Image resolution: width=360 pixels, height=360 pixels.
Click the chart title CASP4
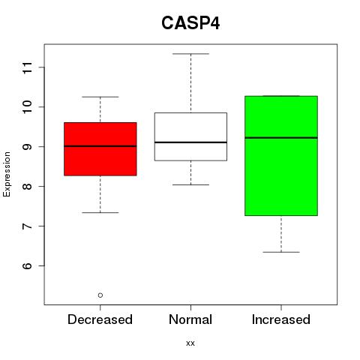tap(190, 23)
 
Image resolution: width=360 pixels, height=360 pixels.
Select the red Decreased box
tap(100, 149)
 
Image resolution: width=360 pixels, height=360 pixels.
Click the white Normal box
tap(190, 136)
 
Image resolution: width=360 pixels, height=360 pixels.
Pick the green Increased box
tap(281, 156)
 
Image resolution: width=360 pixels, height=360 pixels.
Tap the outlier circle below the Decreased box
tap(100, 295)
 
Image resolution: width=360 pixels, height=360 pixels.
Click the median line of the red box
tap(100, 146)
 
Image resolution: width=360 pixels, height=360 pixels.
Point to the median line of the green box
tap(281, 137)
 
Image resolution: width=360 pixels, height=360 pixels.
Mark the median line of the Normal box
tap(190, 142)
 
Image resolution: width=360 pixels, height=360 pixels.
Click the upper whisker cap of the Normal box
tap(190, 54)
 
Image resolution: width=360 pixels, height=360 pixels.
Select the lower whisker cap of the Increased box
tap(281, 252)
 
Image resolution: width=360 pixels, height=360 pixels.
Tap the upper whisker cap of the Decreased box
tap(100, 97)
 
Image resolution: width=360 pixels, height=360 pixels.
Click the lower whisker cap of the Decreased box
tap(100, 212)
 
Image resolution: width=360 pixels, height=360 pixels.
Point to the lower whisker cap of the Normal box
tap(190, 184)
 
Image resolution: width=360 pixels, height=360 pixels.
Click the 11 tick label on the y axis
tap(27, 67)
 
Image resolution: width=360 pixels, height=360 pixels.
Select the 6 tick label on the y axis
tap(27, 265)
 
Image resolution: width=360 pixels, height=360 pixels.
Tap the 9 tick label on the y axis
tap(27, 146)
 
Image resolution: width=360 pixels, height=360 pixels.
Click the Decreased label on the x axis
tap(100, 319)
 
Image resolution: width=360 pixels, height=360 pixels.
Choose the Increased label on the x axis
tap(281, 319)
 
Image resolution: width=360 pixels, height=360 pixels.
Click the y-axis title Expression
tap(7, 174)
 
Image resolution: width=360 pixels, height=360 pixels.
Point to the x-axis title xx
tap(190, 343)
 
